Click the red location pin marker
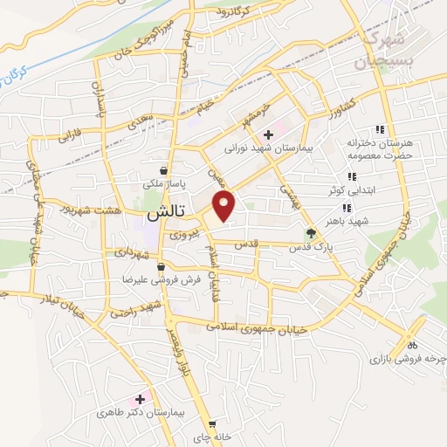pyautogui.click(x=225, y=205)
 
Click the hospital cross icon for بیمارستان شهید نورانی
pyautogui.click(x=269, y=134)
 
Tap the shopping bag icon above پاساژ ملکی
pyautogui.click(x=164, y=171)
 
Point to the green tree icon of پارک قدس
pyautogui.click(x=310, y=233)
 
